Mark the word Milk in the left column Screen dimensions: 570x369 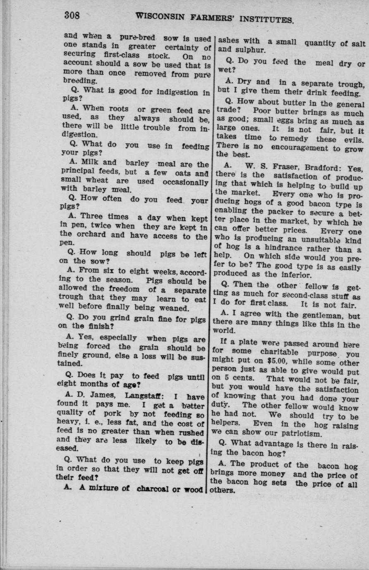(89, 162)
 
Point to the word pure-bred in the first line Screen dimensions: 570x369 (137, 38)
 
